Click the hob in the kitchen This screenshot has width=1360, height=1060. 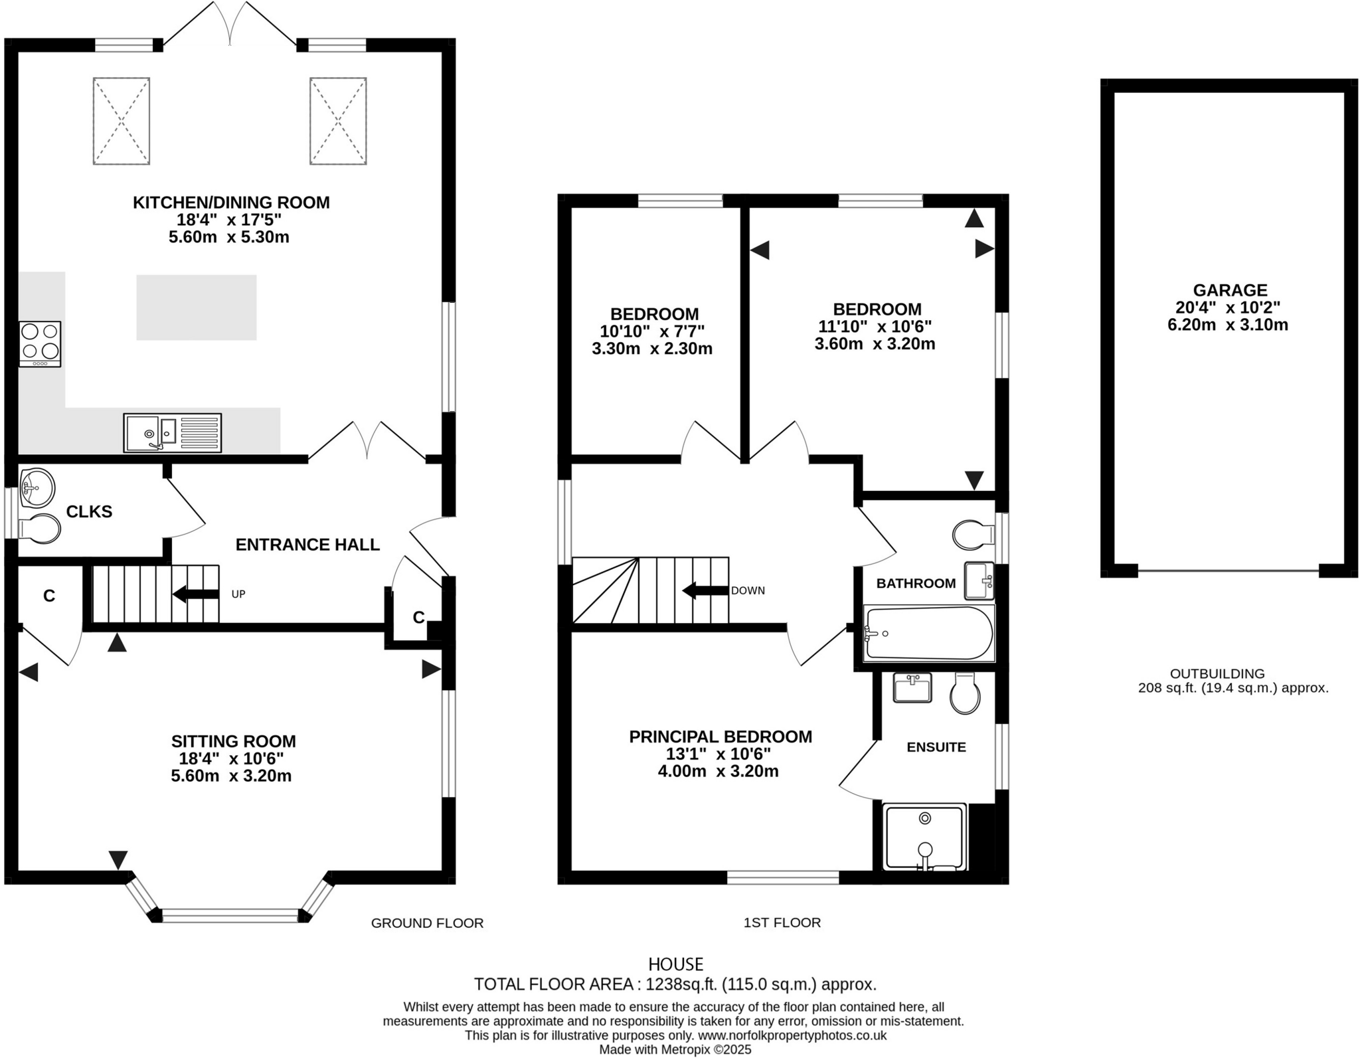40,343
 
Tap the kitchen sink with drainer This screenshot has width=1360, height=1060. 172,433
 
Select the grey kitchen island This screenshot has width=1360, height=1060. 197,308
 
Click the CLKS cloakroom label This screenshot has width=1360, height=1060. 89,511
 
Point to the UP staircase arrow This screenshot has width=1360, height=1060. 195,594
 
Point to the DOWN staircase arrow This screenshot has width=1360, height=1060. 705,590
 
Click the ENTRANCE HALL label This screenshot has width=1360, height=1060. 307,545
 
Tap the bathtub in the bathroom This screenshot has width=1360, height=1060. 928,633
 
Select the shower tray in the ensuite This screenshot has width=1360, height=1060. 924,836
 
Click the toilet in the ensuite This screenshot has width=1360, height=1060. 964,693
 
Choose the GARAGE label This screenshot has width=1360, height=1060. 1230,290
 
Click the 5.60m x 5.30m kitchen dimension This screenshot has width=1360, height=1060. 228,237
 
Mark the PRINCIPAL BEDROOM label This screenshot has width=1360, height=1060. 720,737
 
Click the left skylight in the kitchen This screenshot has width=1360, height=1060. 122,121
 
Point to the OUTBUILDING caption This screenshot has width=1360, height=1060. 1217,673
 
